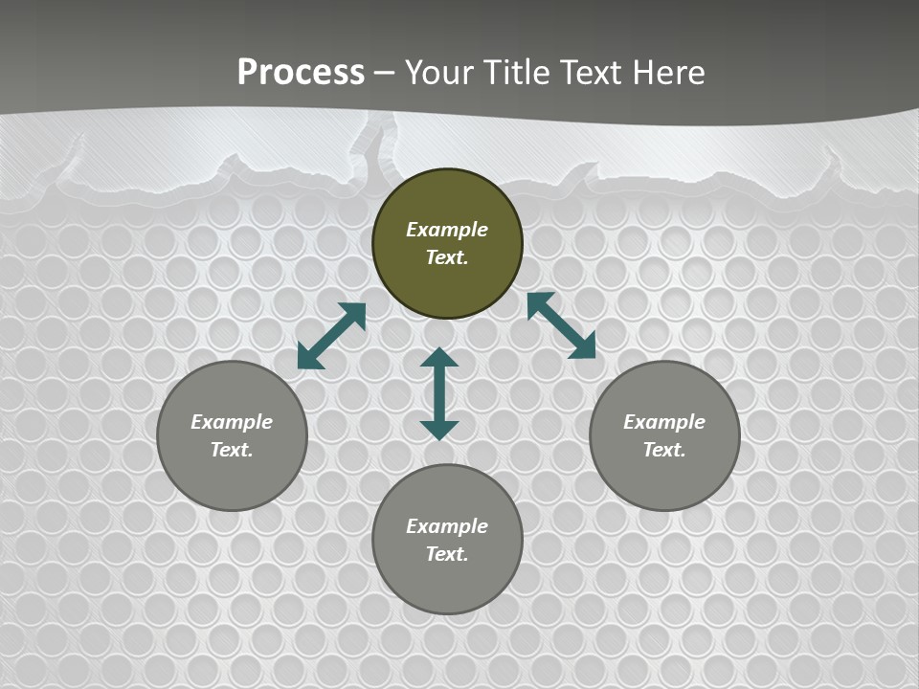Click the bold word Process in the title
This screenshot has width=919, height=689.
pyautogui.click(x=301, y=73)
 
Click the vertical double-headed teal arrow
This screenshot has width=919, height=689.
pyautogui.click(x=439, y=393)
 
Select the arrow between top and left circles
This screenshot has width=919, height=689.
pyautogui.click(x=331, y=336)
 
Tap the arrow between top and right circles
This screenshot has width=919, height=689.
pyautogui.click(x=561, y=325)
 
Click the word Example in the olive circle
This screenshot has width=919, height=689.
pyautogui.click(x=447, y=230)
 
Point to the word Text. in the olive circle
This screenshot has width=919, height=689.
pyautogui.click(x=447, y=257)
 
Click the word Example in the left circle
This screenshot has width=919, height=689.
pyautogui.click(x=232, y=422)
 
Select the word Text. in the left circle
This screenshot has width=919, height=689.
pyautogui.click(x=232, y=450)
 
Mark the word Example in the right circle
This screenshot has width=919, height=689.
pyautogui.click(x=664, y=422)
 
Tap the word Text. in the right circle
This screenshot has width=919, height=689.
pyautogui.click(x=664, y=450)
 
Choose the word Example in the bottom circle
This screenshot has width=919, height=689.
pyautogui.click(x=447, y=526)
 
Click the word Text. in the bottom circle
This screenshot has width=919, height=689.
pyautogui.click(x=447, y=554)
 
